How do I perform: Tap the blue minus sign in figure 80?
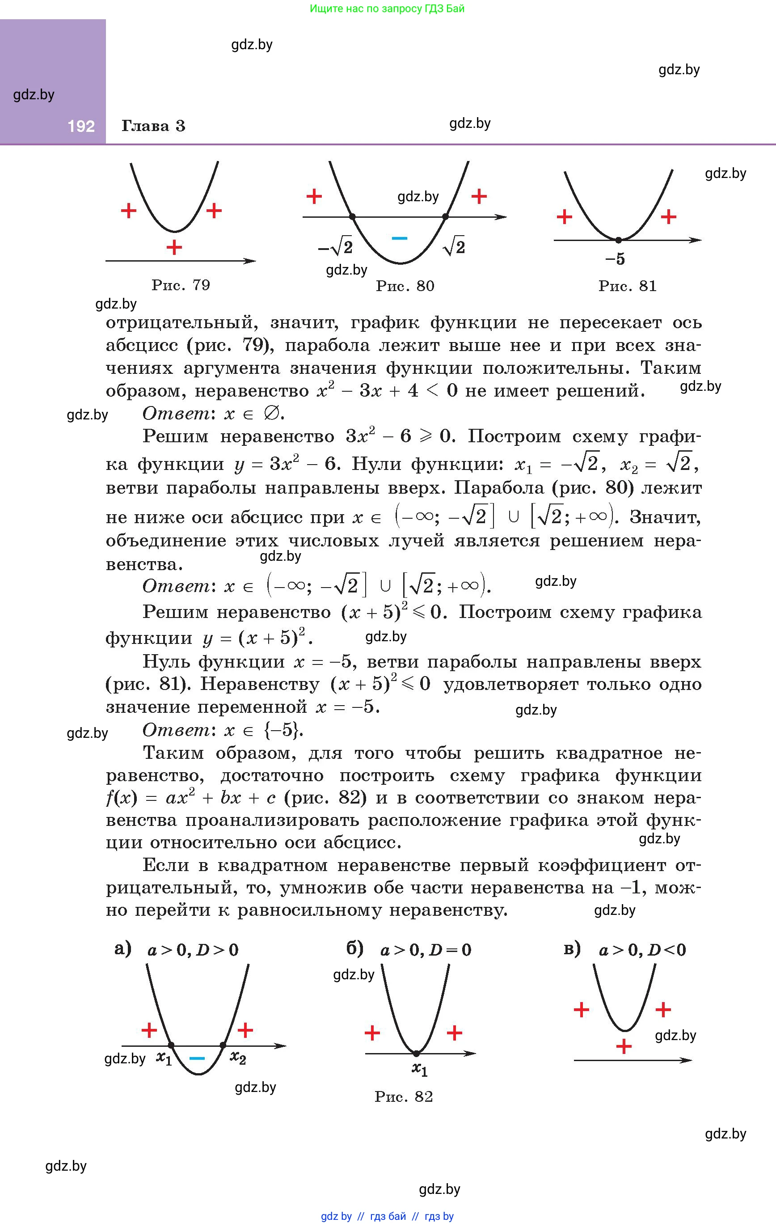pos(399,238)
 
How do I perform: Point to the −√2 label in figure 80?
pos(335,248)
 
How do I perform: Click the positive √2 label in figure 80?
pos(454,247)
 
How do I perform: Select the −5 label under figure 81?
pos(615,259)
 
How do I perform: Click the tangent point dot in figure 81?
pos(618,240)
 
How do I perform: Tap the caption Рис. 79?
pos(181,285)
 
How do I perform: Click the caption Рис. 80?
pos(405,286)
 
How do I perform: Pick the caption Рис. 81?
pos(628,286)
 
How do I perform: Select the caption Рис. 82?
pos(404,1096)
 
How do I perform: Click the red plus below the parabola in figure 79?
pos(174,248)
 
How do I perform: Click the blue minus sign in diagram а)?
pos(197,1058)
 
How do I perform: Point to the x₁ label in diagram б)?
pos(419,1069)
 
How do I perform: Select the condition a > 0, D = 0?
pos(426,950)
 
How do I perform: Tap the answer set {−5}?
pos(283,730)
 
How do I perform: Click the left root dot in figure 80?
pos(353,217)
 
